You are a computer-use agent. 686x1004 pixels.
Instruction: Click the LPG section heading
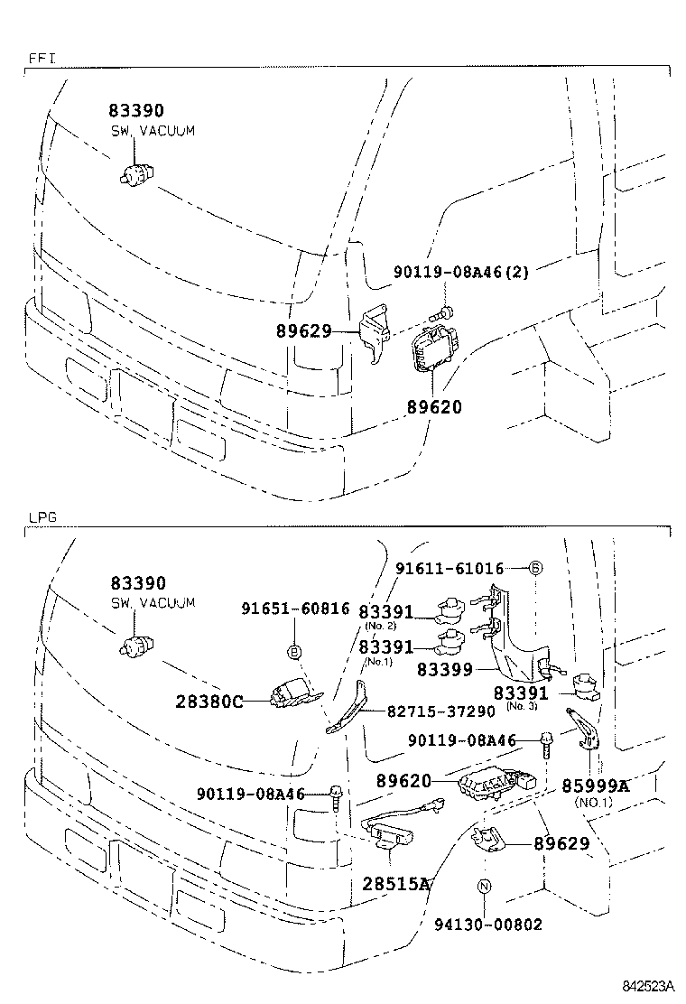coord(42,517)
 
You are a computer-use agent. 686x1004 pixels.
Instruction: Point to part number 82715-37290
coord(441,711)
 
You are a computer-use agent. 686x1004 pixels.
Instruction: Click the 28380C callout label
coord(210,701)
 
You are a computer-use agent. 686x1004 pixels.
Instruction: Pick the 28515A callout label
coord(395,883)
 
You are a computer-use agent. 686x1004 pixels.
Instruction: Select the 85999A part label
coord(595,786)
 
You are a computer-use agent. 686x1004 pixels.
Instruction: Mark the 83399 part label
coord(446,670)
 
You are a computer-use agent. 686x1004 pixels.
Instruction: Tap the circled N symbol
coord(484,887)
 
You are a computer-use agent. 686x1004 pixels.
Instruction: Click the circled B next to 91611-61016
coord(534,568)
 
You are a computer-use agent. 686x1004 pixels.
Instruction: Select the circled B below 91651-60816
coord(294,651)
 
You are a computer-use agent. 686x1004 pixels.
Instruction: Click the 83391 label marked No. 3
coord(521,693)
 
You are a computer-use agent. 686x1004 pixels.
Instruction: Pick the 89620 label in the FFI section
coord(433,407)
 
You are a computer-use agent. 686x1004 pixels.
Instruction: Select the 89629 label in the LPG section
coord(561,843)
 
